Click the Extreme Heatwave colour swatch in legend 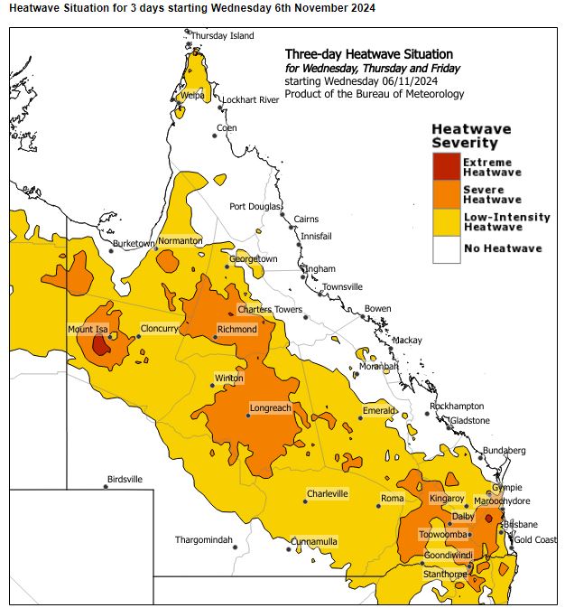click(x=446, y=167)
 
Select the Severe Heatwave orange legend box click(x=446, y=194)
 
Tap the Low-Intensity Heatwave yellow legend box click(x=446, y=222)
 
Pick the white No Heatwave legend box click(x=446, y=249)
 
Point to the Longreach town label click(x=269, y=408)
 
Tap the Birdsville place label click(x=125, y=480)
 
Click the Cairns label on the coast click(x=306, y=219)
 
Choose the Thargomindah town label click(x=204, y=540)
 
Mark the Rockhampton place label click(x=457, y=407)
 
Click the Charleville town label click(x=327, y=494)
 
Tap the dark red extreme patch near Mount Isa click(x=101, y=345)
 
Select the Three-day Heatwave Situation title click(x=368, y=54)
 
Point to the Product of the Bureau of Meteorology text click(x=374, y=94)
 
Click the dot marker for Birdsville click(x=106, y=487)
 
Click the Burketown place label click(x=134, y=244)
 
